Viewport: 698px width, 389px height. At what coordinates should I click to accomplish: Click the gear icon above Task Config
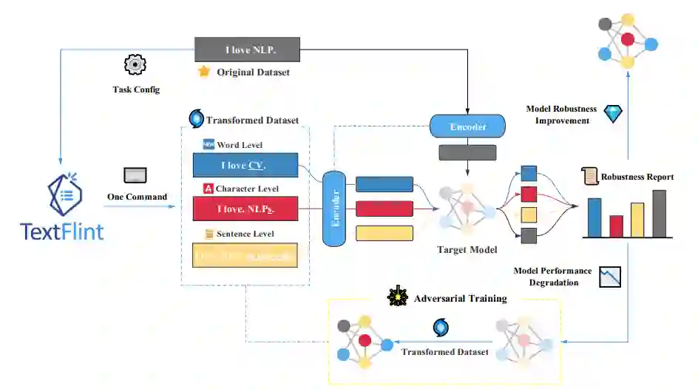pos(135,64)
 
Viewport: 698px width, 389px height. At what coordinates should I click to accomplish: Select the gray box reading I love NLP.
pos(247,50)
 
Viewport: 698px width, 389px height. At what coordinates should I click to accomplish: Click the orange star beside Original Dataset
pos(204,72)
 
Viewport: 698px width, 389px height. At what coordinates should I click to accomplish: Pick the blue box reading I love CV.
pos(245,165)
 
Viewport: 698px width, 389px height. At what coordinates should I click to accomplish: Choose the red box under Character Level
pos(245,209)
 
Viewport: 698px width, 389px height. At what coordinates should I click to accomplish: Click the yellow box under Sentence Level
pos(245,255)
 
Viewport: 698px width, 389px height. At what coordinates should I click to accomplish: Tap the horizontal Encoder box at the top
pos(467,126)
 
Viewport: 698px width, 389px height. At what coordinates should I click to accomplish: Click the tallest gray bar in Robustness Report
pos(659,213)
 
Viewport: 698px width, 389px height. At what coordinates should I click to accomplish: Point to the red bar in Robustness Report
pos(616,226)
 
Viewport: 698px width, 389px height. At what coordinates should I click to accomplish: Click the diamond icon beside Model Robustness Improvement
pos(614,114)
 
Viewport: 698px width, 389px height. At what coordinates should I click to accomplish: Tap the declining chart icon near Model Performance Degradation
pos(610,277)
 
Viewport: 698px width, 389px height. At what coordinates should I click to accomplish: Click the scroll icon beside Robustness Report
pos(589,176)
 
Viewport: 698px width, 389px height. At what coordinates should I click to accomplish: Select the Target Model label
pos(468,249)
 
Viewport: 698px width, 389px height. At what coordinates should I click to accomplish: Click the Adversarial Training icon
pos(398,297)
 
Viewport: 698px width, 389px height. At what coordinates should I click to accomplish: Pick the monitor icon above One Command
pos(135,175)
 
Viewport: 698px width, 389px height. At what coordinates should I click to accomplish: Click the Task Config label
pos(136,89)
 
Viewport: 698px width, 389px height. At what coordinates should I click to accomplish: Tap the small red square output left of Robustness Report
pos(528,194)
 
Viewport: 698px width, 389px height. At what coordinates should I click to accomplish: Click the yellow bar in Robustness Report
pos(637,219)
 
